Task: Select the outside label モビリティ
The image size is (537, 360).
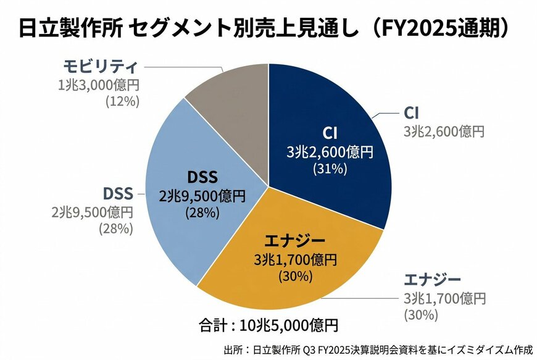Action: [99, 66]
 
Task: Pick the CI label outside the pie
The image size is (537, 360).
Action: [412, 113]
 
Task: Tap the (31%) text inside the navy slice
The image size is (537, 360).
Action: [330, 167]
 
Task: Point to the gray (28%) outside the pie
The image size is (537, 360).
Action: [116, 229]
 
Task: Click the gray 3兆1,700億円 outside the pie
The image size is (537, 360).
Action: [444, 298]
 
